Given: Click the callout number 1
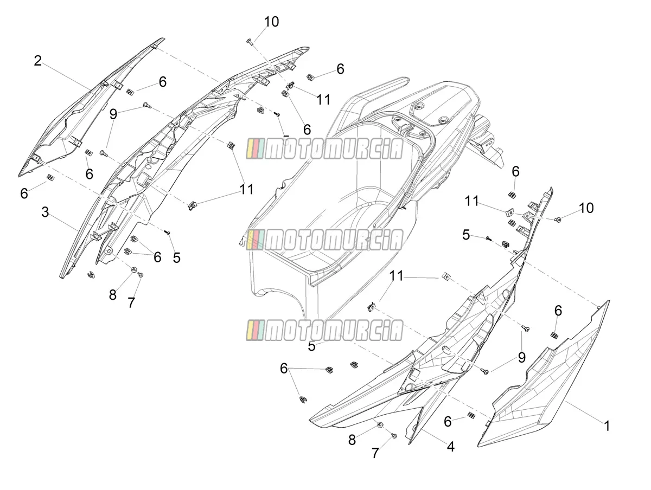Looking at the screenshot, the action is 607,426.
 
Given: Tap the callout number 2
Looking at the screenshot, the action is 37,61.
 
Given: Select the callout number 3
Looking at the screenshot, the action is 45,212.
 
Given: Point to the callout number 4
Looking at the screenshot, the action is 450,447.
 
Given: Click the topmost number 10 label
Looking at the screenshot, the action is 271,22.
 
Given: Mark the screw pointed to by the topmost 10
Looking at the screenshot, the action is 250,42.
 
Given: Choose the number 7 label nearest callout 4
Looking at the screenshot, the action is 375,453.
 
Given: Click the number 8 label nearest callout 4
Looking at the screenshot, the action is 352,440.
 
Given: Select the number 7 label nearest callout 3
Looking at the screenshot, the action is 131,303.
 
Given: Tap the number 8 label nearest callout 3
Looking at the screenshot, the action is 113,295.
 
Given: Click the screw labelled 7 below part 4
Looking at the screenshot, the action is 394,435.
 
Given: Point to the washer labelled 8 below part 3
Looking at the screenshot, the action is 135,269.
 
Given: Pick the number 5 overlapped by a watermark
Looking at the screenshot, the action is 311,346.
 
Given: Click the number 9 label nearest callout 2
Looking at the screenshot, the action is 113,114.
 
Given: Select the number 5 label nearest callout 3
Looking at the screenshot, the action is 177,258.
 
